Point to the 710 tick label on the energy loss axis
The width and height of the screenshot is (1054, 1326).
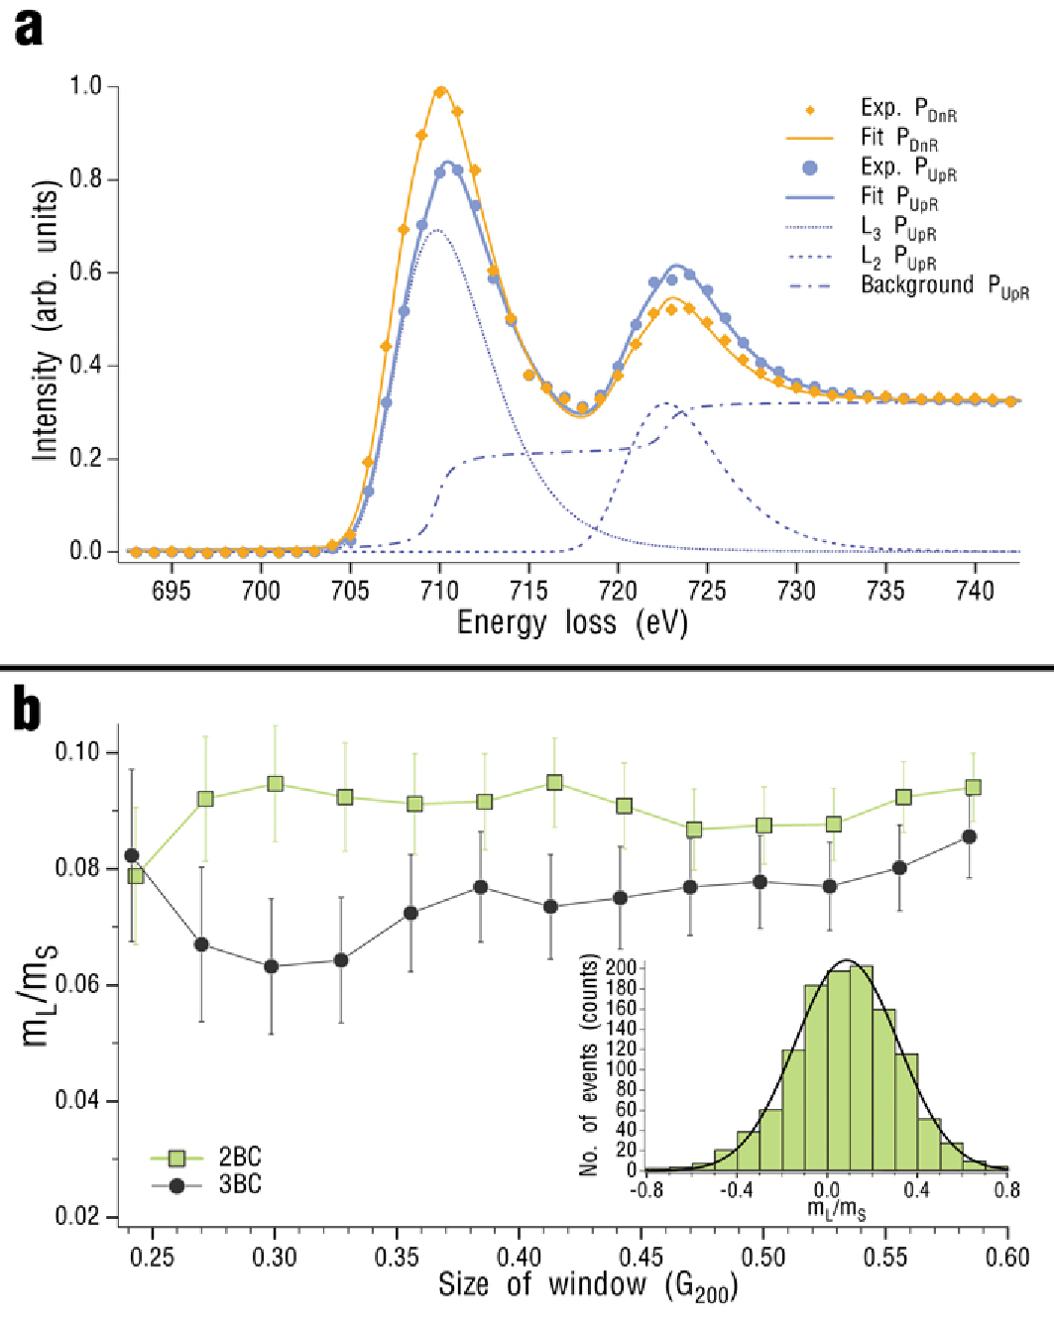click(x=439, y=591)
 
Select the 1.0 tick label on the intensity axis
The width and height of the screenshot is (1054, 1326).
click(x=86, y=86)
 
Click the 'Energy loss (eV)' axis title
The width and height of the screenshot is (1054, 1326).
click(x=572, y=622)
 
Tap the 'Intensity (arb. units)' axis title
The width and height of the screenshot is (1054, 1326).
click(x=46, y=320)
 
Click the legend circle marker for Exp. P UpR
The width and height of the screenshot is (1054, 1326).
click(x=810, y=167)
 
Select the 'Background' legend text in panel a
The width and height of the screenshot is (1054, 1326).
click(x=917, y=285)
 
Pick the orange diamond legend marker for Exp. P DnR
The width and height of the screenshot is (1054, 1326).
click(x=810, y=110)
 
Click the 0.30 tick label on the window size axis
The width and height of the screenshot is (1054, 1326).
click(x=275, y=1258)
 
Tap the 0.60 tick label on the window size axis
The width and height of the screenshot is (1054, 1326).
click(x=1007, y=1258)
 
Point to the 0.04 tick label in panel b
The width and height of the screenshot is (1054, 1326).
click(x=78, y=1101)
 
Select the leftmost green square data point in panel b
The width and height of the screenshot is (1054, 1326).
click(x=136, y=876)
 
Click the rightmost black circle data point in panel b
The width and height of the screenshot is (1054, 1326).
click(x=970, y=837)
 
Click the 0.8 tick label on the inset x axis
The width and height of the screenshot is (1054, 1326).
click(x=1006, y=1189)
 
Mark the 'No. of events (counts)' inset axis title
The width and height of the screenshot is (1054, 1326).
click(x=591, y=1065)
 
